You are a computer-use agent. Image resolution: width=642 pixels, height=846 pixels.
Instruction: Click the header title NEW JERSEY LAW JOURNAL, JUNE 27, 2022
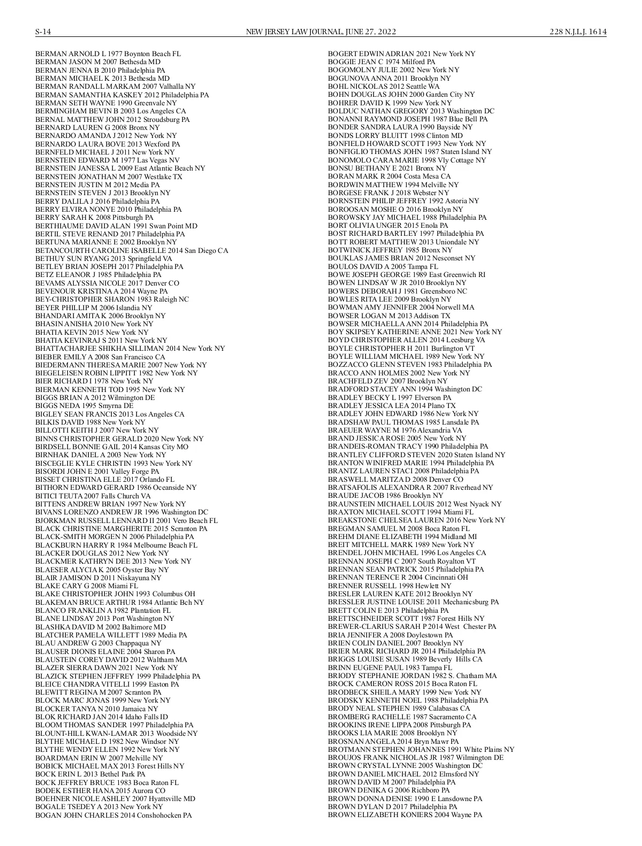tap(320, 32)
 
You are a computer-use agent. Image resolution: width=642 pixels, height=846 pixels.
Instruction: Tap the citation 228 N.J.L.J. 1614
tap(578, 32)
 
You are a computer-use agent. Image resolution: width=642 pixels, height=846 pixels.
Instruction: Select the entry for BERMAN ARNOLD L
tap(108, 54)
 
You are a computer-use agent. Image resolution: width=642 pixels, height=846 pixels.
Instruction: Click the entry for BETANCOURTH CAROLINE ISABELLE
tap(131, 250)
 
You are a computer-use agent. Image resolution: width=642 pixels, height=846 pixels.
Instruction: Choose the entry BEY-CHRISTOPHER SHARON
tap(112, 299)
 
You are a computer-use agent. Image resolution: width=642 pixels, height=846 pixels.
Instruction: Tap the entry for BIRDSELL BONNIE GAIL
tap(111, 447)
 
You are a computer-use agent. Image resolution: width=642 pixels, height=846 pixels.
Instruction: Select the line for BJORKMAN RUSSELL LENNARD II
tap(126, 520)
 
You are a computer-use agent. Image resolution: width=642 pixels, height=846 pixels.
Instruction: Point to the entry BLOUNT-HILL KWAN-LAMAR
tap(116, 733)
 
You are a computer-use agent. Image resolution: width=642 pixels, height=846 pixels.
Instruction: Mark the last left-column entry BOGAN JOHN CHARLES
tap(113, 815)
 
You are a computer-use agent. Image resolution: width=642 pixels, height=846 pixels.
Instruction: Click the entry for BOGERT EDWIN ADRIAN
tap(401, 54)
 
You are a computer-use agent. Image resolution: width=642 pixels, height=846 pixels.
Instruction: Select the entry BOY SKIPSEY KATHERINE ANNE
tap(415, 332)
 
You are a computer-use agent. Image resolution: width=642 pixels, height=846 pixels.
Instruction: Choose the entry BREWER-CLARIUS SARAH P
tap(411, 627)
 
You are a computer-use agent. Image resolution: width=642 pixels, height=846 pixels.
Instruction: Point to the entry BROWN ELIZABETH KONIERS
tap(404, 815)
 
